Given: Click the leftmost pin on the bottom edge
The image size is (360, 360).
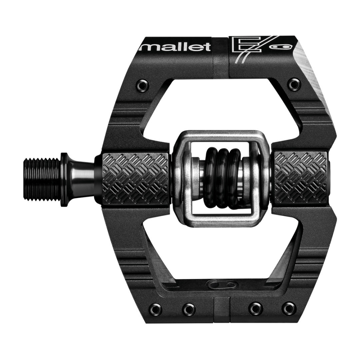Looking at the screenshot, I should click(x=156, y=309).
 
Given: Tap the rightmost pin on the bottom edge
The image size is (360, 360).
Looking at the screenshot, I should click(x=288, y=309).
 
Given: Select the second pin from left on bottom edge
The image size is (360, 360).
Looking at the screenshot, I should click(x=188, y=309).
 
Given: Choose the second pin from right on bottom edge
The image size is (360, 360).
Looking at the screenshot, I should click(x=255, y=309).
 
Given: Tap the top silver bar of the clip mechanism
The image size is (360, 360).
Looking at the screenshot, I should click(x=220, y=136).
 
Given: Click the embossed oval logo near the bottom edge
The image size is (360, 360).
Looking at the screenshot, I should click(x=219, y=285).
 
